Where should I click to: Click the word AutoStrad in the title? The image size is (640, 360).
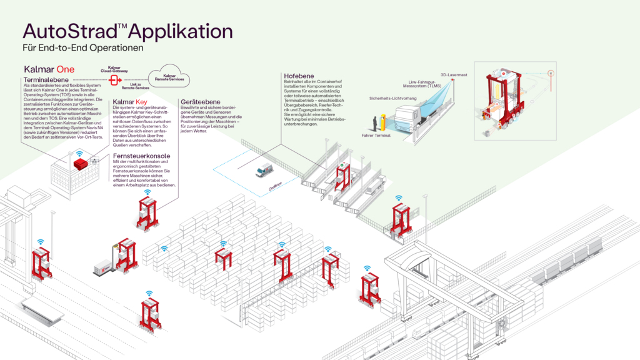[66, 32]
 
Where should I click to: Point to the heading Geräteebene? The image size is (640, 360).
[199, 101]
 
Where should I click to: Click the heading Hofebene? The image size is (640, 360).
[299, 76]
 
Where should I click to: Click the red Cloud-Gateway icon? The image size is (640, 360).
[114, 81]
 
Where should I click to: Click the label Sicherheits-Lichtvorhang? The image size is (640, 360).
[393, 98]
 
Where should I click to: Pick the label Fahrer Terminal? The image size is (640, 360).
[376, 134]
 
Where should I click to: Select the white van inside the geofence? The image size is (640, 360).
[264, 170]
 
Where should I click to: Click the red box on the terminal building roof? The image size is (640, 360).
[82, 163]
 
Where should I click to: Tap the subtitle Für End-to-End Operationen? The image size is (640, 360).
[83, 47]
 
